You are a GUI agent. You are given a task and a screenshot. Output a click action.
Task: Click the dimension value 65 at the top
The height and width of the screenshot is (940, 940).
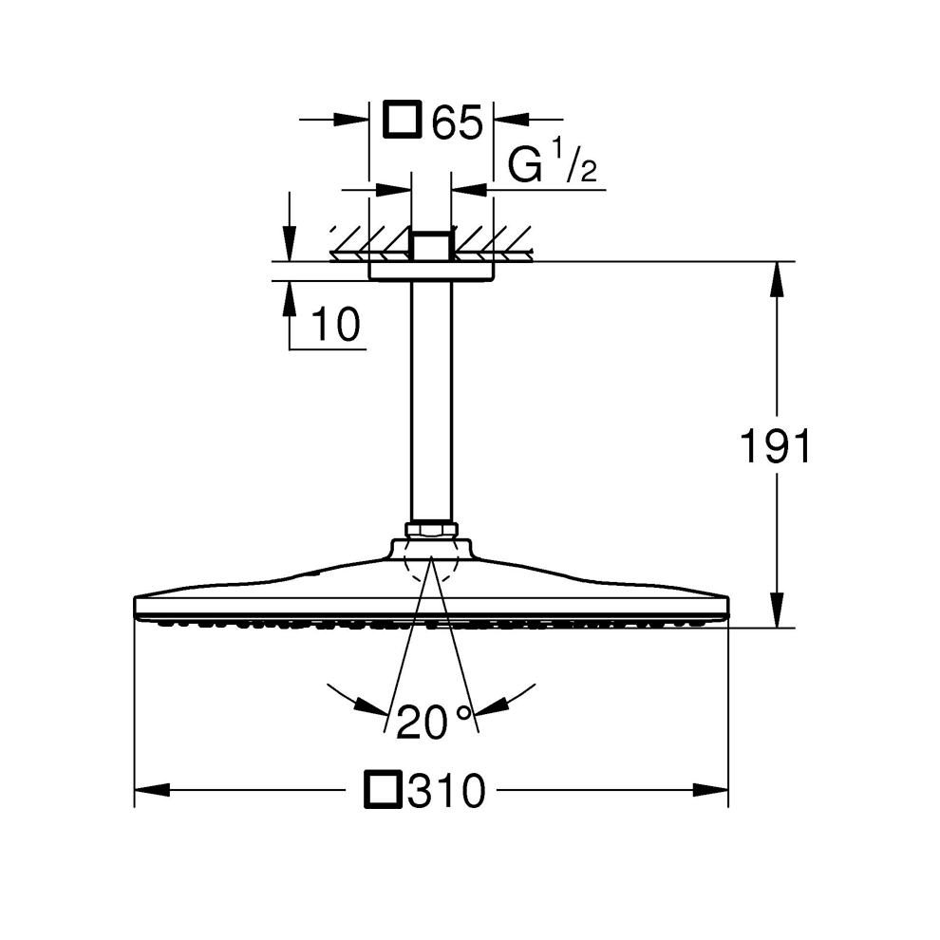(458, 122)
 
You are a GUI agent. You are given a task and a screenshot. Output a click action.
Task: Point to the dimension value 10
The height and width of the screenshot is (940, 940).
(336, 325)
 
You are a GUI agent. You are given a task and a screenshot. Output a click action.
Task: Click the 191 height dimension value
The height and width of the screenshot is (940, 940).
(776, 446)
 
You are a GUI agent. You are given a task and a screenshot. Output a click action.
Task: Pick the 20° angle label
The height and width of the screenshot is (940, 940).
(434, 723)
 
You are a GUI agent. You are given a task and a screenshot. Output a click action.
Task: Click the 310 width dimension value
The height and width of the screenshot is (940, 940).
(446, 790)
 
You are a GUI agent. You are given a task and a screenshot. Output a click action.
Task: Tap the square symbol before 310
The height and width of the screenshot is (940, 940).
(382, 790)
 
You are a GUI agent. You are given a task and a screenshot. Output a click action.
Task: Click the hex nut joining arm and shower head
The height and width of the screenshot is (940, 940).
(432, 530)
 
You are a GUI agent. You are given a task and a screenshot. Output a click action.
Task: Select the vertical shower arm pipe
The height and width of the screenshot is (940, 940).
(432, 401)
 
